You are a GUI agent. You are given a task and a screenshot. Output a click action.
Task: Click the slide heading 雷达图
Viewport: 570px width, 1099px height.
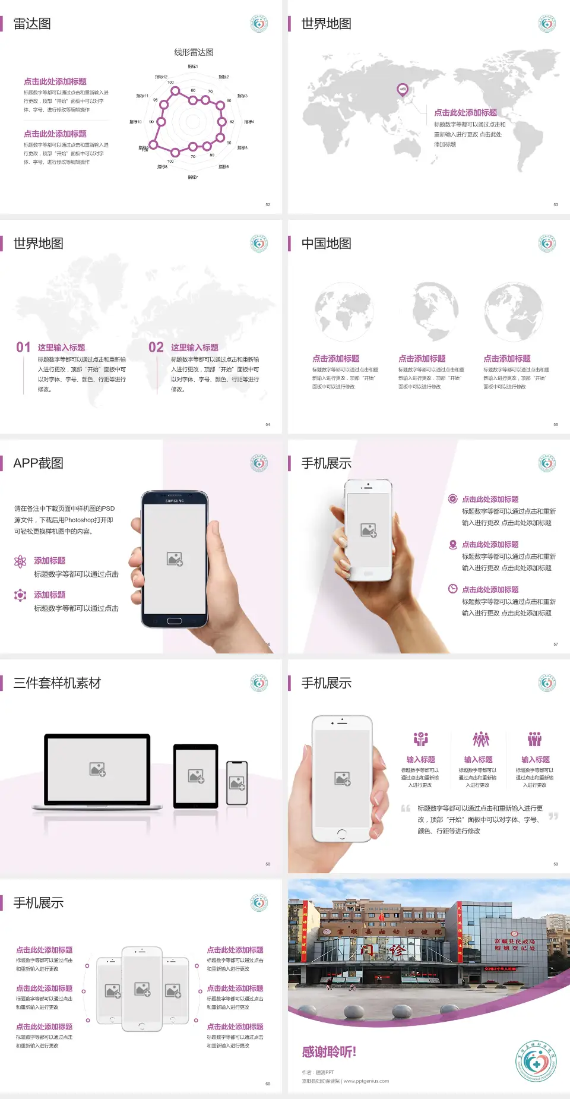point(32,24)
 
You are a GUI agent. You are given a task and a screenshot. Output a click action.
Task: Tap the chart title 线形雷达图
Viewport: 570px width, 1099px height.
point(194,52)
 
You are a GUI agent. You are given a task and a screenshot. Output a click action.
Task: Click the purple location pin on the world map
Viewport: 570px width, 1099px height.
point(403,90)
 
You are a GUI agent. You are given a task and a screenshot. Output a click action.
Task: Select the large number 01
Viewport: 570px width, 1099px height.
point(23,348)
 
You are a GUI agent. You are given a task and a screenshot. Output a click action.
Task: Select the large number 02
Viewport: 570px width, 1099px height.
point(156,348)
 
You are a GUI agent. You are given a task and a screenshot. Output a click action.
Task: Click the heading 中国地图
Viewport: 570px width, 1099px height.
point(326,244)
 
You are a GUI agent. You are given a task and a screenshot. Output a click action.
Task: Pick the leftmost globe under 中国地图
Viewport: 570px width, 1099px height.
point(344,312)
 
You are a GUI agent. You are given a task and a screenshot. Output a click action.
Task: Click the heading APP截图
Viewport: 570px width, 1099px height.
point(38,463)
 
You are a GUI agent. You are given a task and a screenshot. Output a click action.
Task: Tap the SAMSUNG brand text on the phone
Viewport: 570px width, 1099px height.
point(175,501)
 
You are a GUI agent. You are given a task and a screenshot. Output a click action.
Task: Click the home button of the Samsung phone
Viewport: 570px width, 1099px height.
point(174,621)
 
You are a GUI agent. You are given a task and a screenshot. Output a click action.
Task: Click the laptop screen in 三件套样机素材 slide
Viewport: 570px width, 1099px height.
point(97,769)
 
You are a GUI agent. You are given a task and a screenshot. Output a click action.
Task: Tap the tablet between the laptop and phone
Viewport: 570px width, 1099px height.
point(196,776)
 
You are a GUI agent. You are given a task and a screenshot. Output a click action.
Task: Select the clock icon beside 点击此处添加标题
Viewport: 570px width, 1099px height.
point(452,589)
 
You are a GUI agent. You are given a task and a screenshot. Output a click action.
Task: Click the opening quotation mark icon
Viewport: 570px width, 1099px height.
point(406,809)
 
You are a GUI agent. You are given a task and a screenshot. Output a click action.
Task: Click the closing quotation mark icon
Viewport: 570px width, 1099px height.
point(553,816)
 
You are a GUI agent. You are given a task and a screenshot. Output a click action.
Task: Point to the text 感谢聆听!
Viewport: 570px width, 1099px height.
point(329,1052)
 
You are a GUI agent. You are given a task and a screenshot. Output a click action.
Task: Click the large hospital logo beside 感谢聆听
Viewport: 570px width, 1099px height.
point(536,1061)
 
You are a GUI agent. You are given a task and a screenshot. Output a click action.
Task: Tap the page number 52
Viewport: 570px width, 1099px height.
point(268,205)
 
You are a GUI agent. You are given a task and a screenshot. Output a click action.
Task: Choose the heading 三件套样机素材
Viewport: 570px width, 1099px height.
point(57,683)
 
